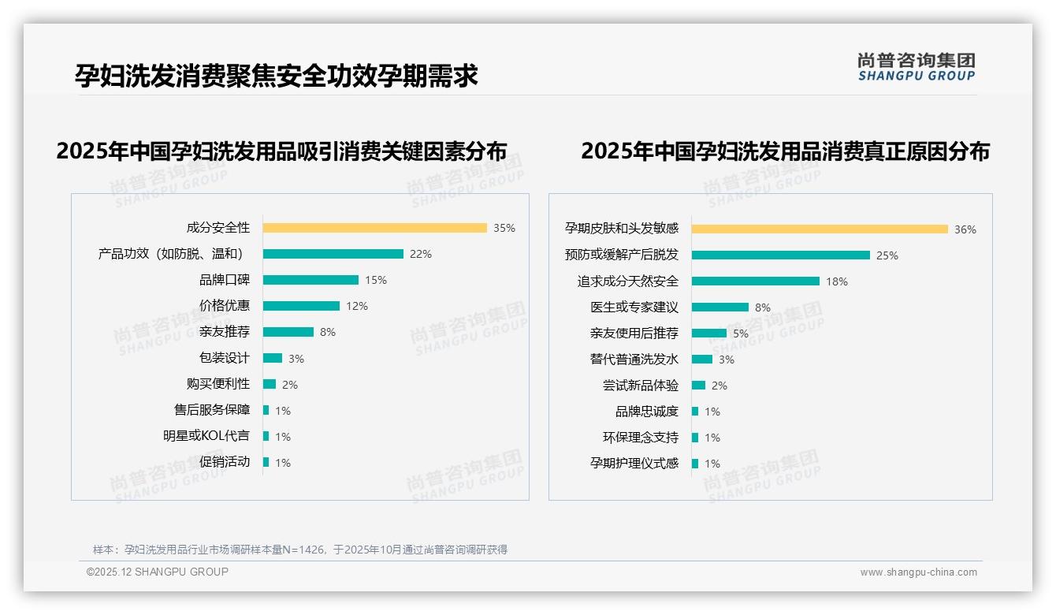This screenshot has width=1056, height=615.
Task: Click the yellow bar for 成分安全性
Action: pos(374,228)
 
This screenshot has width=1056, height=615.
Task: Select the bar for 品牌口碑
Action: pos(310,280)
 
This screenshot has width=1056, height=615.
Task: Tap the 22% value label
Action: pos(421,254)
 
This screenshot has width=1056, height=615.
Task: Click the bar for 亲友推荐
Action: pos(288,332)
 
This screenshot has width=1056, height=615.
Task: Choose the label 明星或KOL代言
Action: pos(206,436)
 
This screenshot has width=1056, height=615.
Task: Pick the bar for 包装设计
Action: pos(272,358)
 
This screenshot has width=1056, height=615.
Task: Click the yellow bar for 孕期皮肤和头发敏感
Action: pos(820,229)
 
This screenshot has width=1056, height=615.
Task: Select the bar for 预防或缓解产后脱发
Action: pos(780,255)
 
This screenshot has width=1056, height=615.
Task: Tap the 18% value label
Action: pos(837,281)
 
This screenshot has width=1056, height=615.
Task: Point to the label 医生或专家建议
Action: pos(634,307)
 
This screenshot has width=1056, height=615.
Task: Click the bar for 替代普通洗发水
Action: pos(701,360)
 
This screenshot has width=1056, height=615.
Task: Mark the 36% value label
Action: pos(965,229)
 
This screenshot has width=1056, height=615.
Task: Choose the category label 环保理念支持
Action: pos(641,438)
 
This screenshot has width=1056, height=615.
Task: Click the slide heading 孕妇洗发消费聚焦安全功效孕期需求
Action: pos(277,76)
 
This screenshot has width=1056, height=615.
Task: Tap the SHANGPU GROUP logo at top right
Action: pos(916,67)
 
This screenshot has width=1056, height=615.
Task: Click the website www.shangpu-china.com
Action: pos(918,572)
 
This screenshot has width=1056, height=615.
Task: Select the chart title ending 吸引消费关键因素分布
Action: pos(281,151)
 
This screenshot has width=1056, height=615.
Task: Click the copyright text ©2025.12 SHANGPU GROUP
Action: pos(158,572)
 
